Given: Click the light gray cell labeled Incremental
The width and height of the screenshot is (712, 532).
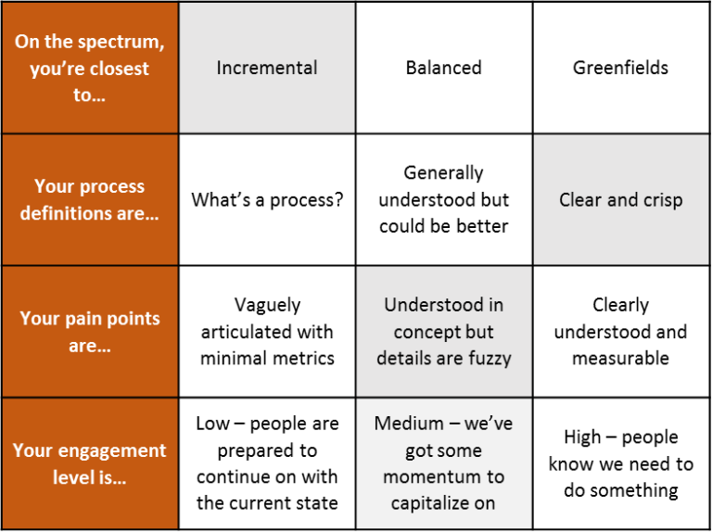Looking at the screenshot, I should tap(267, 68).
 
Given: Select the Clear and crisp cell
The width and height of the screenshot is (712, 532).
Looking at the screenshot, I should tap(620, 199).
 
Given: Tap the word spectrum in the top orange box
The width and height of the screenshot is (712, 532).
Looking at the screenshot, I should tap(118, 42).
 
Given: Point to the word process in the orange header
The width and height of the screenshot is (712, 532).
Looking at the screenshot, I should tap(110, 186).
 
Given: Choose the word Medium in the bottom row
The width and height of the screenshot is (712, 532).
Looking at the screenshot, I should tap(409, 424).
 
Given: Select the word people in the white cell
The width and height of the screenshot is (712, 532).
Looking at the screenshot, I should tap(650, 437).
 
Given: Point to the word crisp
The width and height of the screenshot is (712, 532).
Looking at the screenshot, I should tap(660, 199).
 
